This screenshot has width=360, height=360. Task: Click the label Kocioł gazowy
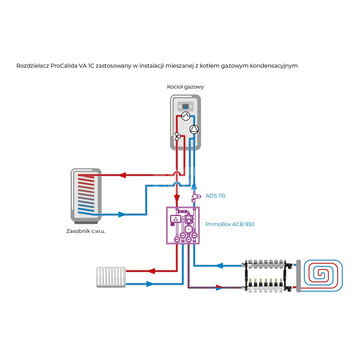click(x=185, y=87)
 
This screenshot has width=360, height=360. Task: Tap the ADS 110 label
click(x=215, y=196)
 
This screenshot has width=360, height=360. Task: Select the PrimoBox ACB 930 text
click(x=230, y=224)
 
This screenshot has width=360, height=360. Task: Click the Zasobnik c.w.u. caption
click(x=86, y=231)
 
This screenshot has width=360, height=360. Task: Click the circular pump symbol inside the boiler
click(x=194, y=129)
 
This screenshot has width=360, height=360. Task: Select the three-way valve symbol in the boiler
click(x=177, y=136)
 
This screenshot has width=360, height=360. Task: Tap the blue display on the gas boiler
click(x=185, y=107)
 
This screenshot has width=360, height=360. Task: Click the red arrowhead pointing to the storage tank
click(x=122, y=175)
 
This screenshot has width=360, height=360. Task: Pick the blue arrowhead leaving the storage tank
click(x=122, y=215)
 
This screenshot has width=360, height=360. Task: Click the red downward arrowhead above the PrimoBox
click(x=177, y=198)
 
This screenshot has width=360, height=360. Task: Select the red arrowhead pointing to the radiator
click(x=152, y=271)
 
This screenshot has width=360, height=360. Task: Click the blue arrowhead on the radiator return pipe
click(x=150, y=284)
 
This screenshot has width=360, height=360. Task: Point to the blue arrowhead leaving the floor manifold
click(x=220, y=266)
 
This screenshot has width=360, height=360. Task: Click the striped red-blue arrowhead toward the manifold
click(x=219, y=287)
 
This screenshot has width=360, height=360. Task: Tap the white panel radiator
click(x=111, y=277)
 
